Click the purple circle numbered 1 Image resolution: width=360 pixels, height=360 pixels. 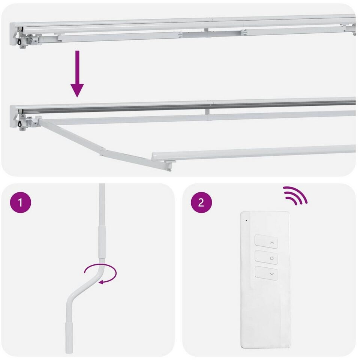coord(20,202)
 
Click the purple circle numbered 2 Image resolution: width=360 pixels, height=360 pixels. coord(201,202)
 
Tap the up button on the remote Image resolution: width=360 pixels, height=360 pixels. coord(266,241)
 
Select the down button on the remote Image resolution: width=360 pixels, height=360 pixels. coord(266,273)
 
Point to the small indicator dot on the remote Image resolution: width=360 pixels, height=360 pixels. coord(246,220)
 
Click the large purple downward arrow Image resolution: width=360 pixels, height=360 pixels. coord(77,74)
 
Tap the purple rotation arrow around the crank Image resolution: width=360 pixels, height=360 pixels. coord(101,274)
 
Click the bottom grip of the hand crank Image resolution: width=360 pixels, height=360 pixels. coord(69,337)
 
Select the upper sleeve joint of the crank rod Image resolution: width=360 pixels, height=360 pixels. coord(102,242)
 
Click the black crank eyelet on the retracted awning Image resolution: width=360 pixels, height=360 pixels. coord(19,41)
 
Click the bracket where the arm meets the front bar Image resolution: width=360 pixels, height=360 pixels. coord(169,164)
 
